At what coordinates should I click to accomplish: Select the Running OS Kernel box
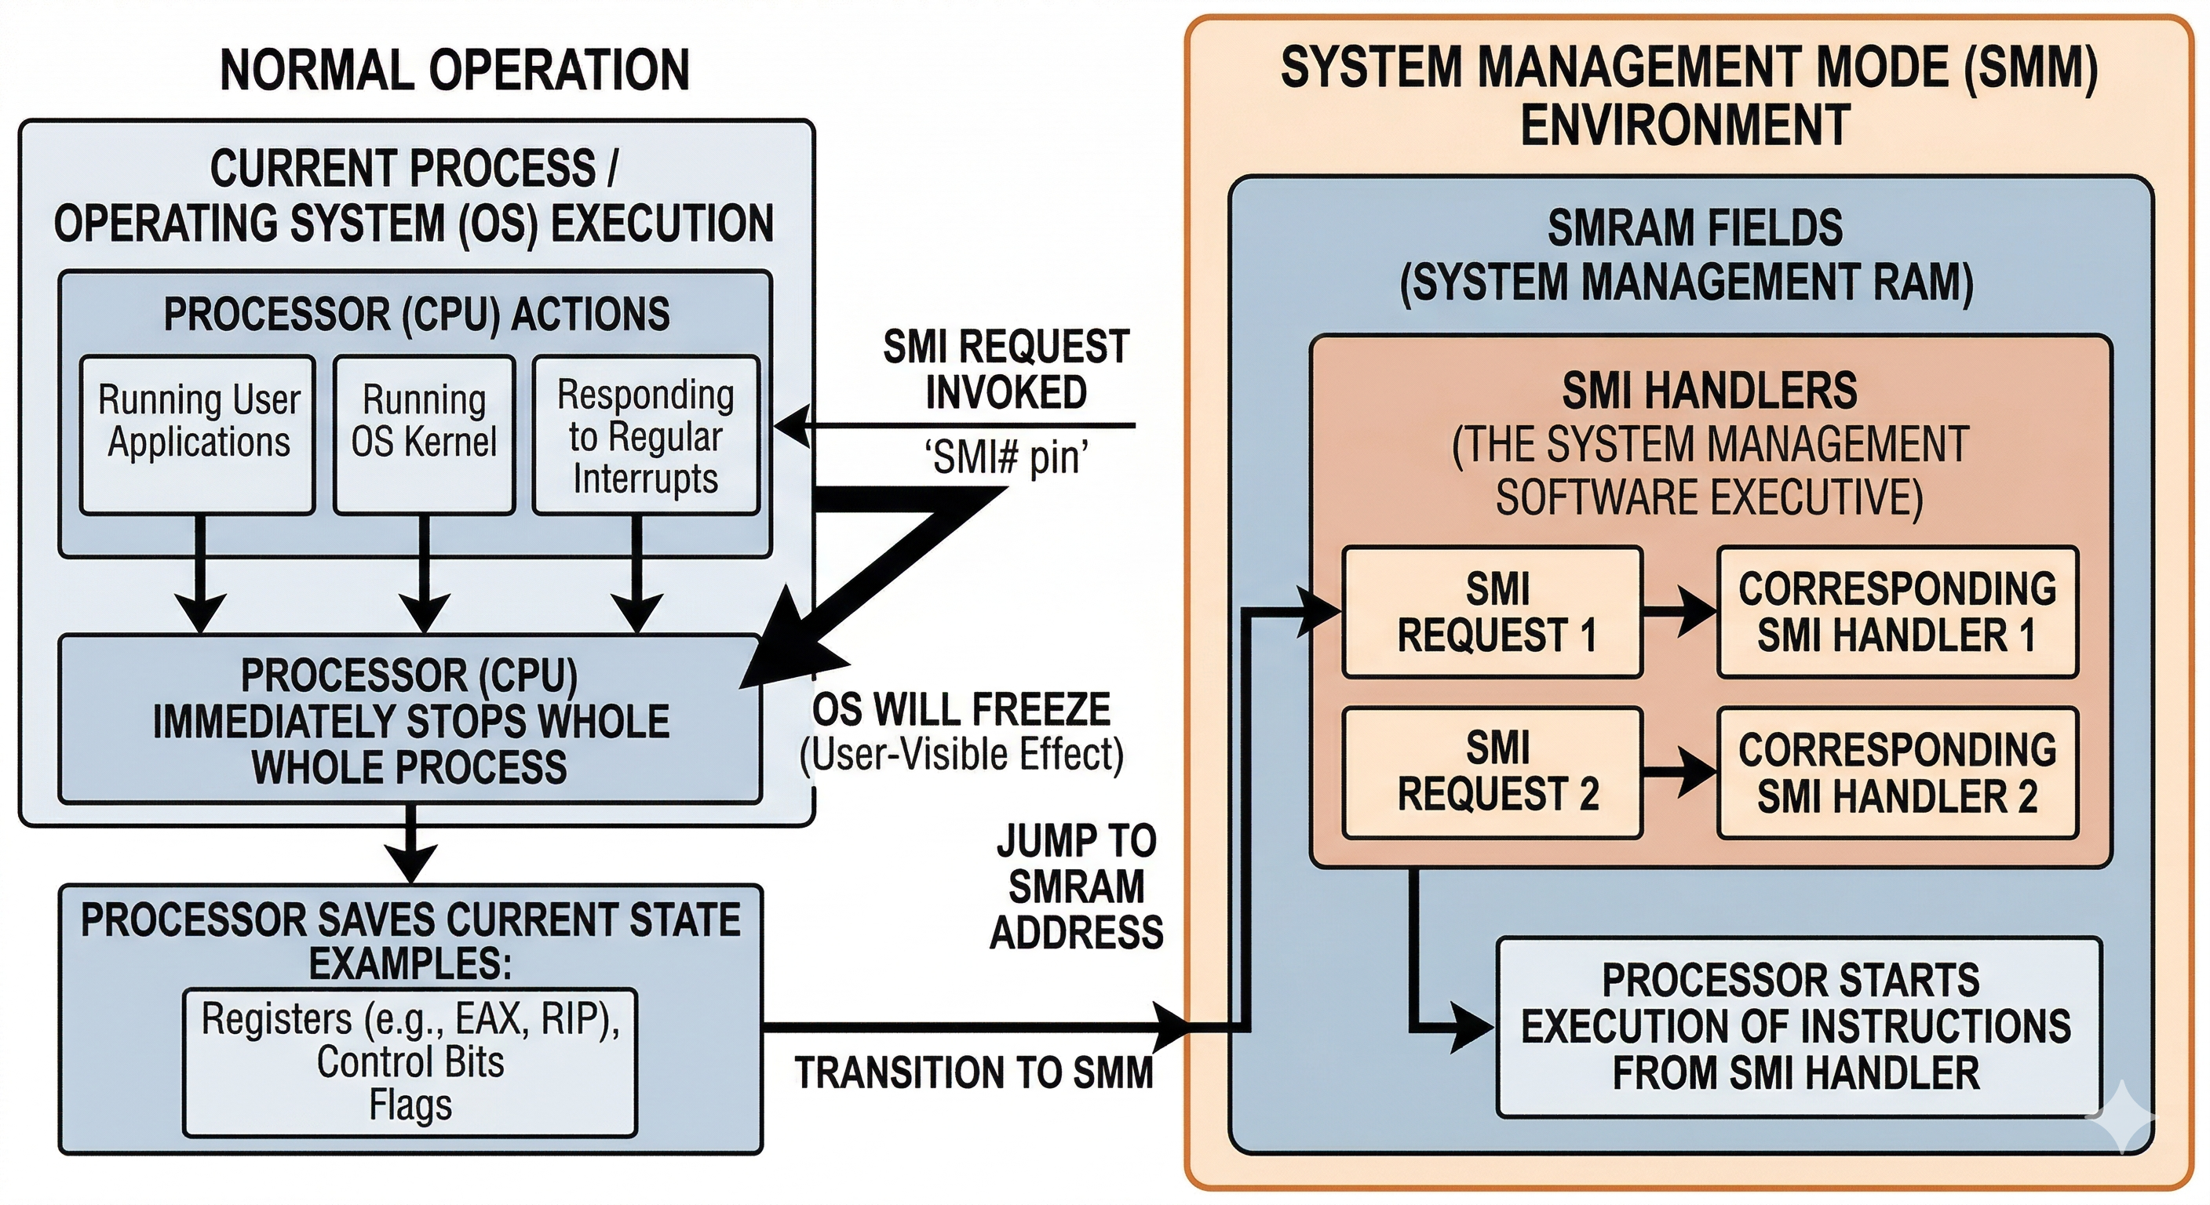[424, 435]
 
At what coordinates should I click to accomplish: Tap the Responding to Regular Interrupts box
[646, 435]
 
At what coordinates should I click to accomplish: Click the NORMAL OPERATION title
[454, 71]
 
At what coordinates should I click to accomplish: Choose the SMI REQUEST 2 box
[1493, 772]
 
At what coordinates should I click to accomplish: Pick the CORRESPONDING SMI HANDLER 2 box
[1898, 772]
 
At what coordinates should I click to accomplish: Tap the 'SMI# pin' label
[1005, 458]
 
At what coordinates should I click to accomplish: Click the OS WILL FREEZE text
[961, 710]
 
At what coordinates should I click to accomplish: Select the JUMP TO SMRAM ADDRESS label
[1077, 886]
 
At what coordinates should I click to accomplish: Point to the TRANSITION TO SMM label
[974, 1074]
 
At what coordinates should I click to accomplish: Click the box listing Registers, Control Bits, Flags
[410, 1064]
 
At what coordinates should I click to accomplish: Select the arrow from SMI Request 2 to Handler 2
[1679, 772]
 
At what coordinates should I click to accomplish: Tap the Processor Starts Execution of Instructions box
[1797, 1027]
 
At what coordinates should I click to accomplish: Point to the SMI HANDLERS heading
[1709, 391]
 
